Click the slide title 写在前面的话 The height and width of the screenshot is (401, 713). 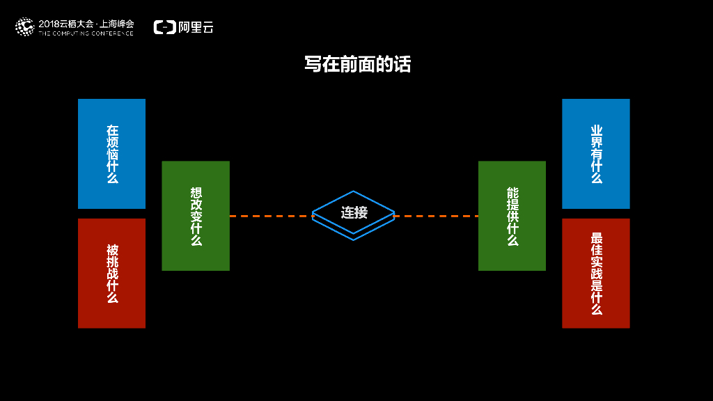(x=357, y=65)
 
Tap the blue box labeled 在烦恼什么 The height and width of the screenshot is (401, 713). (x=111, y=153)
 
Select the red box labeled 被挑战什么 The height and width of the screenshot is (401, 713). (x=111, y=273)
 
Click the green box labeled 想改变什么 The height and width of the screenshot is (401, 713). (x=196, y=216)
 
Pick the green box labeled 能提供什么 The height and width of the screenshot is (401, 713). (x=512, y=216)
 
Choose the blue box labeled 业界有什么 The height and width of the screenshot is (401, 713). (x=595, y=153)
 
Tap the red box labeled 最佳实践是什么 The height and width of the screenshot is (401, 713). (x=595, y=273)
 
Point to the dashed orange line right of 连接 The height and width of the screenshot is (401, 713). (x=436, y=216)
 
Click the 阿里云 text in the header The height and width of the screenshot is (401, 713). (x=196, y=27)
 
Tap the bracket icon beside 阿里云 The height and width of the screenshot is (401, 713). (x=164, y=27)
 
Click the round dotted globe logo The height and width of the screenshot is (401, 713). (x=24, y=27)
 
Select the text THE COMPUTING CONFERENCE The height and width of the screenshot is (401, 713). (x=86, y=33)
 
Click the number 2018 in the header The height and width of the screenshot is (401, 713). (x=50, y=23)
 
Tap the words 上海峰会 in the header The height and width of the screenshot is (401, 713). (x=116, y=23)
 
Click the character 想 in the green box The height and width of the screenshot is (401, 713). (x=196, y=191)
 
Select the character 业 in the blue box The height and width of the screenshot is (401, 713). (x=596, y=130)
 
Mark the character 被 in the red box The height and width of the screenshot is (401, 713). (x=112, y=249)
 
